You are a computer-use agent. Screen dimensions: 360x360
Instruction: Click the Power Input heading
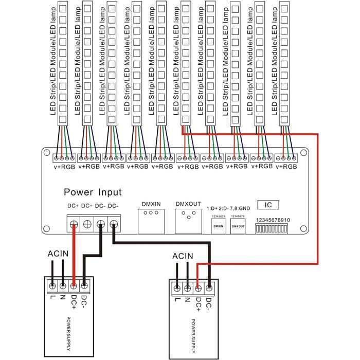93,192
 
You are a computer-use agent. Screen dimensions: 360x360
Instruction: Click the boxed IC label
268,205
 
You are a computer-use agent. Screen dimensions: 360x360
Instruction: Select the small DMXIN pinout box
218,225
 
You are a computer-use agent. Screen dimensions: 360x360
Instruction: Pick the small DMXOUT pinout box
238,225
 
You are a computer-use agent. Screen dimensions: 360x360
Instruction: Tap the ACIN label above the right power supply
183,256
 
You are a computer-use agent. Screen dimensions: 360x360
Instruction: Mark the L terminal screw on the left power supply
52,283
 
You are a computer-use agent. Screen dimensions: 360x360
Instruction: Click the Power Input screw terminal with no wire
87,224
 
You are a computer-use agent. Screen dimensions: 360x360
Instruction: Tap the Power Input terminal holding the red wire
74,224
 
